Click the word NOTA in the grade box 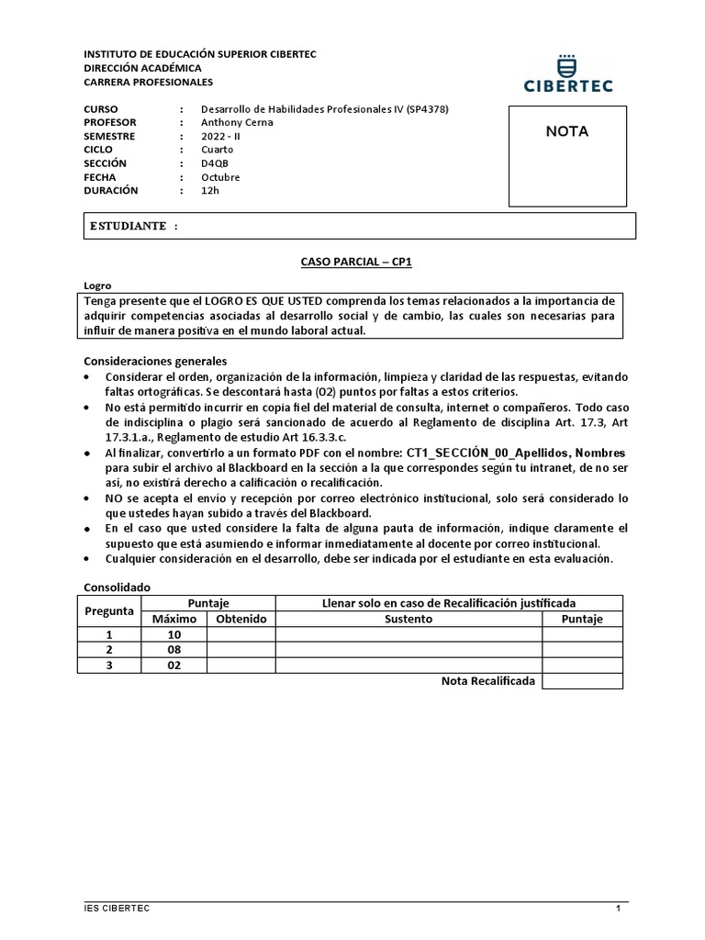567,131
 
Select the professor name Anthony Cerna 237,123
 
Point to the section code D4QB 217,163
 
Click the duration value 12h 210,190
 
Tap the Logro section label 96,286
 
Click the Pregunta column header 109,610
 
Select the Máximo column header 173,619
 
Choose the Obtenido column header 241,619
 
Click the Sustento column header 408,619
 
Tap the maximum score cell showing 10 173,634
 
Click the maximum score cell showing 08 173,650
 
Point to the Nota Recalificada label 487,681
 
